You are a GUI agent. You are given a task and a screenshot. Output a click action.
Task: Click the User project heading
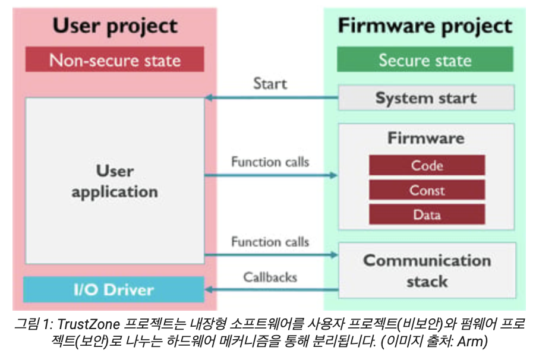[115, 26]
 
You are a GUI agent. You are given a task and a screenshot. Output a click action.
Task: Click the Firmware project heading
[425, 26]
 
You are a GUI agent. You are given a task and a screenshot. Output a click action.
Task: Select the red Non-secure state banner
[115, 60]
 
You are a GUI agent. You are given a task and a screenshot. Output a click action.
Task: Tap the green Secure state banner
[425, 60]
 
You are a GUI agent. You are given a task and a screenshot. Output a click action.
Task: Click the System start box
[426, 98]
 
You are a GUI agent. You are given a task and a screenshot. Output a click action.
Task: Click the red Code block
[427, 166]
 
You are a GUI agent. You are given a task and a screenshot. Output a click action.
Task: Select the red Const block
[427, 190]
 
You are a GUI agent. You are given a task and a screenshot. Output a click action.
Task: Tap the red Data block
[427, 214]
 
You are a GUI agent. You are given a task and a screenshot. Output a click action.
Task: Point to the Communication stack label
[427, 270]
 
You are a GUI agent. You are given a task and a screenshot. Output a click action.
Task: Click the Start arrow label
[270, 83]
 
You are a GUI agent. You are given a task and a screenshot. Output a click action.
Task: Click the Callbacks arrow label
[270, 277]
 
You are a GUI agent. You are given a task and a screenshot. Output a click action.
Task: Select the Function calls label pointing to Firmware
[270, 162]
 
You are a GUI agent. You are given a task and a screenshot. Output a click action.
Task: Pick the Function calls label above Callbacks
[270, 242]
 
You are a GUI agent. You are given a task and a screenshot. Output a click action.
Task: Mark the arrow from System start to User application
[271, 97]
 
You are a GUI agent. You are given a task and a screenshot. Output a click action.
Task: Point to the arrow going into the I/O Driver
[271, 290]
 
